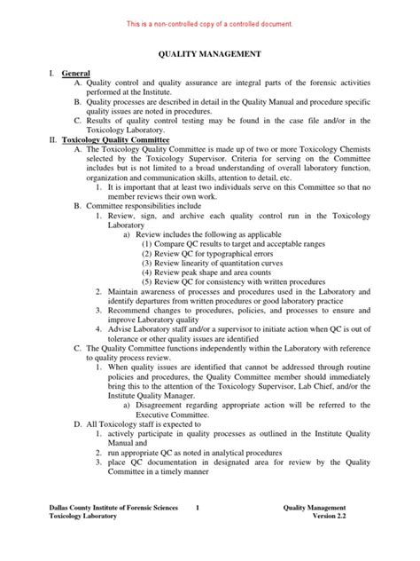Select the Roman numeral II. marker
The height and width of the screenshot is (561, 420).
(x=55, y=140)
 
